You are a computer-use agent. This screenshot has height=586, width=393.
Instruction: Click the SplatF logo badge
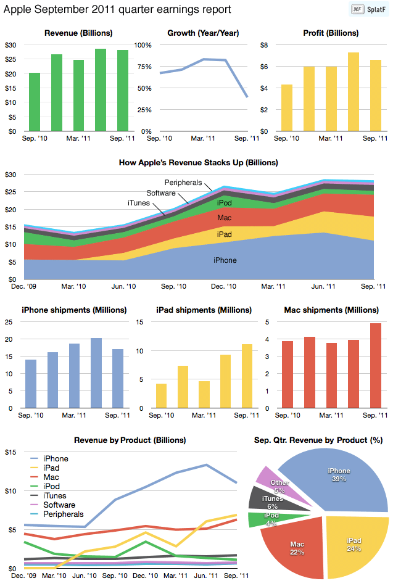[x=368, y=9]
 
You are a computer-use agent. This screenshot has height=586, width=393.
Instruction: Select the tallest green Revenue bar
[x=100, y=89]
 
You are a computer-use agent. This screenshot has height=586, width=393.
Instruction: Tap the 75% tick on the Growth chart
[x=144, y=67]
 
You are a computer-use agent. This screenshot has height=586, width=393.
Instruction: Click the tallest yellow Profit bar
[x=354, y=91]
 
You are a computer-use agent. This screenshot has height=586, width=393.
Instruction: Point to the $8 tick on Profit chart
[x=264, y=45]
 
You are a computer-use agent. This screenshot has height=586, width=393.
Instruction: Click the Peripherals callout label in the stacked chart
[x=183, y=183]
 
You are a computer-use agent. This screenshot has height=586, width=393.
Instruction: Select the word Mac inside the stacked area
[x=225, y=218]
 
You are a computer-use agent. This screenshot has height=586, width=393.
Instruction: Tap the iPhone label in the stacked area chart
[x=225, y=260]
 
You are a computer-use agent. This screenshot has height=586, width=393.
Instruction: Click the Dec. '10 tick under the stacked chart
[x=223, y=286]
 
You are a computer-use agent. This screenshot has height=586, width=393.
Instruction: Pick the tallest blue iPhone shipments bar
[x=96, y=373]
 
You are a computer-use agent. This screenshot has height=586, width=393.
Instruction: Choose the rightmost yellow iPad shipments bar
[x=247, y=376]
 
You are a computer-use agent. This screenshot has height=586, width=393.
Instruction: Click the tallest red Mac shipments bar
[x=376, y=365]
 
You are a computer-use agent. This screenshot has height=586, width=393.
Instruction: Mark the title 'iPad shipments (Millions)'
[x=204, y=310]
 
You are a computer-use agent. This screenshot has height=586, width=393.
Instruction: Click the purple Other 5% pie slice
[x=279, y=487]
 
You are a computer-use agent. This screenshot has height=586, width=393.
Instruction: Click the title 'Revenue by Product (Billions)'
[x=130, y=440]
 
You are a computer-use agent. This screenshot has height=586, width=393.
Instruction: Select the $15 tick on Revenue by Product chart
[x=10, y=452]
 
